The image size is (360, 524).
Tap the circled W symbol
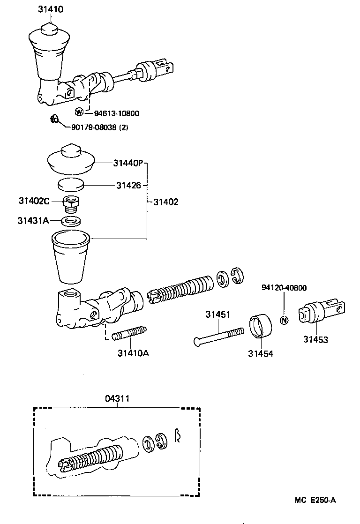point(80,112)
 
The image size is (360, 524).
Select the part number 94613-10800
point(116,113)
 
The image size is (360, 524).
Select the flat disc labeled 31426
point(71,184)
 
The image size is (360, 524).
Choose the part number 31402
point(165,202)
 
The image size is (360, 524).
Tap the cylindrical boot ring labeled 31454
point(260,327)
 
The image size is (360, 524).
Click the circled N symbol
point(284,321)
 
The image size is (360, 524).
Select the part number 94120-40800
point(285,288)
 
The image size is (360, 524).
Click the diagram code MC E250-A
point(315,500)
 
